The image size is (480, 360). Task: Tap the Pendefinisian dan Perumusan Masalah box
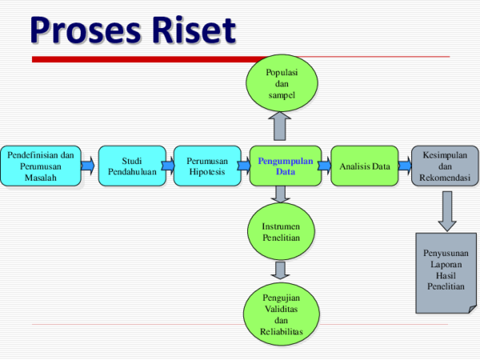click(x=40, y=166)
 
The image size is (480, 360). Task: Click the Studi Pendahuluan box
click(x=132, y=166)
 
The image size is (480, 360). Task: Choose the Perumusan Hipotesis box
click(x=207, y=166)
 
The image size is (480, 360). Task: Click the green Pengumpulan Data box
click(x=285, y=166)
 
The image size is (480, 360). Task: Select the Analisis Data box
click(x=364, y=166)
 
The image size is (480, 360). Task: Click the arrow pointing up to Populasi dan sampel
click(x=281, y=126)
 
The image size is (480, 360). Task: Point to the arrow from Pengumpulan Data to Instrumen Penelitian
click(x=281, y=194)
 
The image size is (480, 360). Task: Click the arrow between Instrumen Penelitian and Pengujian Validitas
click(x=281, y=270)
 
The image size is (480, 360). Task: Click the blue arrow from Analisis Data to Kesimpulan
click(x=404, y=166)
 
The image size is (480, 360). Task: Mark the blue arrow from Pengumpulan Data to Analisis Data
click(x=324, y=166)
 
